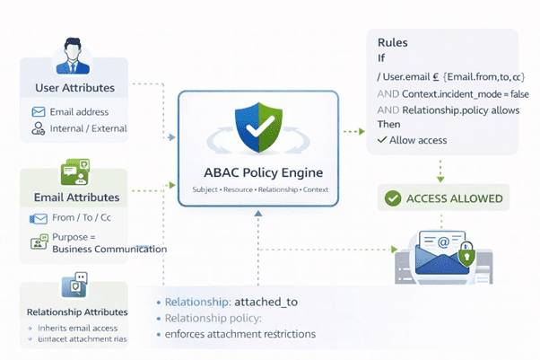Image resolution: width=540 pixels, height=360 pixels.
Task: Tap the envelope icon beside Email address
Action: [x=39, y=112]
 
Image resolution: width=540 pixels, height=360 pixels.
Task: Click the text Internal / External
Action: [x=88, y=128]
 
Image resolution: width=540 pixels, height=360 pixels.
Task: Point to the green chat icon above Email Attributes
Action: [x=74, y=171]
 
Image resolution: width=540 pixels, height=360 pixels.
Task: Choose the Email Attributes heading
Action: [x=76, y=197]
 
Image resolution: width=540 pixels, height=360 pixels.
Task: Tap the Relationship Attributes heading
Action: [x=74, y=312]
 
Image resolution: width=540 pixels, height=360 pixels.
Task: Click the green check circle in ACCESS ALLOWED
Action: [x=392, y=198]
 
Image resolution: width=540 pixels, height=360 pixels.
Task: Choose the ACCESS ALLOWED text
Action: [x=455, y=198]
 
